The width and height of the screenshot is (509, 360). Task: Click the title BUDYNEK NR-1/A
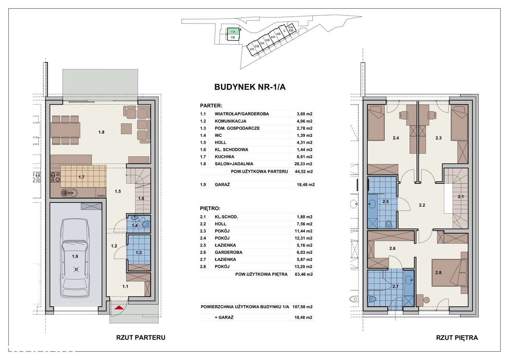pos(250,87)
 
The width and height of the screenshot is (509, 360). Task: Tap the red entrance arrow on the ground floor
pos(119,308)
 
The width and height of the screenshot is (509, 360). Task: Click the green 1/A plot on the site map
pos(233,31)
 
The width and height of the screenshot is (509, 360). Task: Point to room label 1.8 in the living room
pos(101,132)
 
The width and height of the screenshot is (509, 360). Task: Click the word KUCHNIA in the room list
pos(225,157)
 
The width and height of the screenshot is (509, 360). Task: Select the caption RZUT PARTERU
pos(141,337)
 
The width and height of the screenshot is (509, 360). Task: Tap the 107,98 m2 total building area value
pos(303,307)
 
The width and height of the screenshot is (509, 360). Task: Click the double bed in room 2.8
pos(449,272)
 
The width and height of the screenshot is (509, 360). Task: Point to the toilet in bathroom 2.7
pos(372,299)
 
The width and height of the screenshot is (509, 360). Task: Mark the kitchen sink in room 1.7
pos(69,193)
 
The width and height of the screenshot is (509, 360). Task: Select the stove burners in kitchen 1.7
pos(55,177)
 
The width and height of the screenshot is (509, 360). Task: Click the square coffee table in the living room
pos(126,128)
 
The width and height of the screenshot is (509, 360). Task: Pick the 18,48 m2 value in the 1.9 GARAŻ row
pos(306,185)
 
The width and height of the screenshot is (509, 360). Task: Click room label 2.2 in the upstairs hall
pos(422,205)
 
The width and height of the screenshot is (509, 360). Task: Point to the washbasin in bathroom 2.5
pos(372,203)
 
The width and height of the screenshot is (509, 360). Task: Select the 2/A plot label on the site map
pos(252,49)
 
